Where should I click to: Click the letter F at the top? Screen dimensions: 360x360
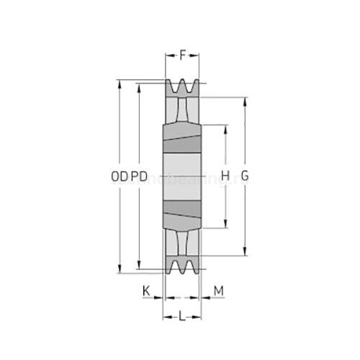(x=182, y=54)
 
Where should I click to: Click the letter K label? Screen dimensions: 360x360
(x=146, y=290)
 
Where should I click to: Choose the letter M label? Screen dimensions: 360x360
(x=219, y=290)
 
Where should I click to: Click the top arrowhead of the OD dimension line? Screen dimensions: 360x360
(x=120, y=83)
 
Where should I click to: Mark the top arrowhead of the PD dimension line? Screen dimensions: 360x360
(x=139, y=87)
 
